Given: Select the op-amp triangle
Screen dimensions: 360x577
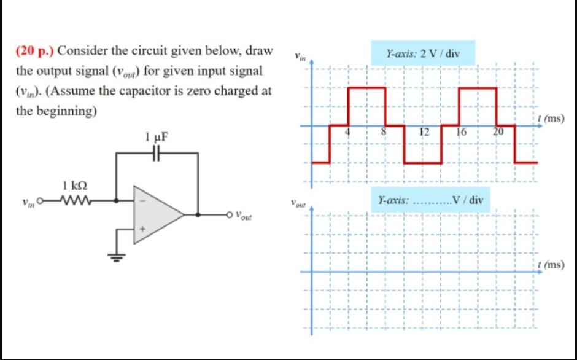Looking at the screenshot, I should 157,213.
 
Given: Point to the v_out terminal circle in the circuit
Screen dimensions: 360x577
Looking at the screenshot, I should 230,214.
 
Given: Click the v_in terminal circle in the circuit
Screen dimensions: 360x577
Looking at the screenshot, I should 41,200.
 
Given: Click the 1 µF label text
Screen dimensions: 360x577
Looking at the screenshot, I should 157,136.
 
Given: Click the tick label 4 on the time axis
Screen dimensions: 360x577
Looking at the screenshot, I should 347,132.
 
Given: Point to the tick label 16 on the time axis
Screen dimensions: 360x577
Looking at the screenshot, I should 462,132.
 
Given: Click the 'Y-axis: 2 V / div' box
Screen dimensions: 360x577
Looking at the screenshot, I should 422,53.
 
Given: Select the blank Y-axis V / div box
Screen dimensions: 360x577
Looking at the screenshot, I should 431,200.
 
